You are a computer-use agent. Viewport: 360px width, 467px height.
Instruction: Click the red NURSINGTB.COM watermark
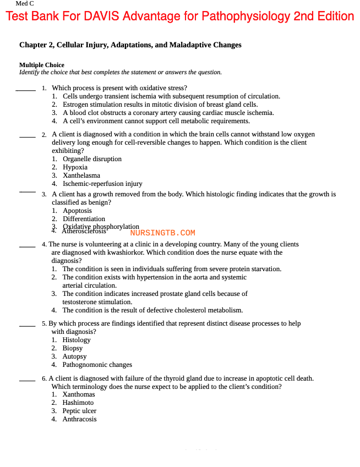(163, 233)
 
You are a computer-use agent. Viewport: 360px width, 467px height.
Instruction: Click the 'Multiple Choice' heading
(42, 65)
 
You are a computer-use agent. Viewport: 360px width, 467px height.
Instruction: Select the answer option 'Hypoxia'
(75, 167)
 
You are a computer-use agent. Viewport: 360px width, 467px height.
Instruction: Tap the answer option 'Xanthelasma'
(81, 175)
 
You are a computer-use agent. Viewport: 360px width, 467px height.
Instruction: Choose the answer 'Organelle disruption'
(92, 159)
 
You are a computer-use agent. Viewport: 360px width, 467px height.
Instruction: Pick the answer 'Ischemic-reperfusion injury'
(102, 184)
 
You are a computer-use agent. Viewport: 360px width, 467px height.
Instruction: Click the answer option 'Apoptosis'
(77, 211)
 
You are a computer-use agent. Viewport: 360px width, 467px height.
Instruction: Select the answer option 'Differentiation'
(84, 219)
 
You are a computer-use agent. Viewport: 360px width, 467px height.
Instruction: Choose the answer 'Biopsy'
(73, 348)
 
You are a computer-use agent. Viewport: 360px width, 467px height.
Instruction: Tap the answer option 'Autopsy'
(74, 356)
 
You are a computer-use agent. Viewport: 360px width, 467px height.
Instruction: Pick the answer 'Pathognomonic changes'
(97, 365)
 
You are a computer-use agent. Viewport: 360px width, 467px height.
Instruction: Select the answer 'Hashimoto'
(78, 403)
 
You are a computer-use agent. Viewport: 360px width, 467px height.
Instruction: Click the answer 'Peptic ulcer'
(79, 411)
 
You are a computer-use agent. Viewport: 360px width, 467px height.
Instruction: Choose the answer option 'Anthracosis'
(79, 419)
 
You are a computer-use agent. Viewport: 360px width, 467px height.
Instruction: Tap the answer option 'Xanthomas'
(78, 394)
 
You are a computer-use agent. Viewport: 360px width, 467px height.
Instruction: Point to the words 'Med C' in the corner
(25, 3)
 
